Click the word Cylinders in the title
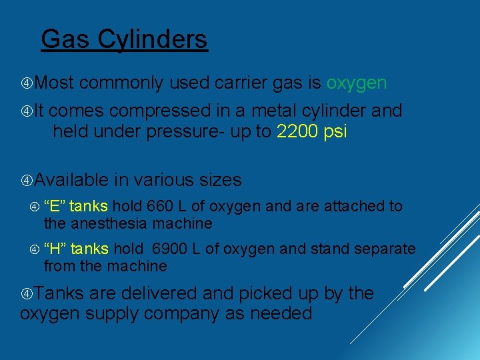153,40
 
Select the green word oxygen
357,83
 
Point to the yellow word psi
335,132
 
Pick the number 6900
169,249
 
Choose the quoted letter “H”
55,249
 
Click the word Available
71,180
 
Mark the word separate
385,249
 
